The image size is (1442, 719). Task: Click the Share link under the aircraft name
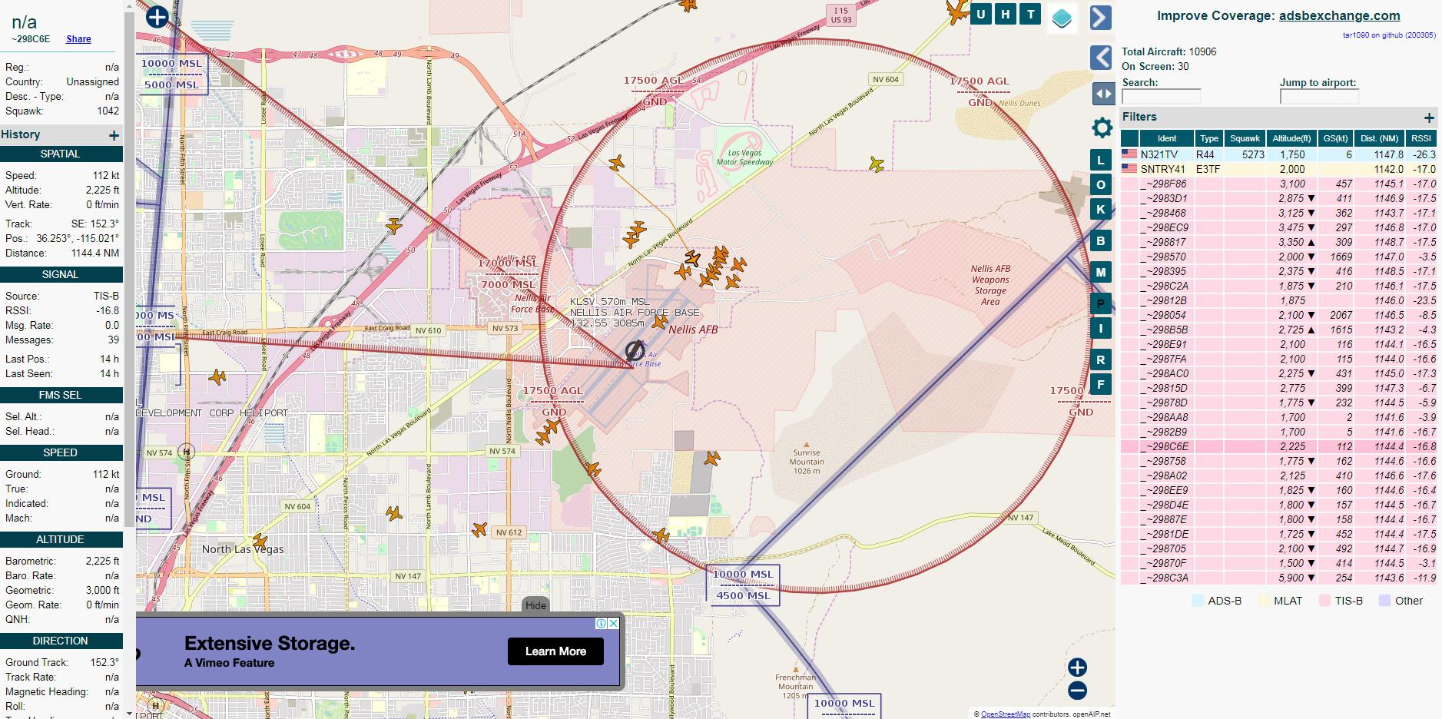[78, 39]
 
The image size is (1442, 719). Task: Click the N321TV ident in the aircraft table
[1159, 154]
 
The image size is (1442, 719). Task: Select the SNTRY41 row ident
[1162, 169]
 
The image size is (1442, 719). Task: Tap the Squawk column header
[1245, 138]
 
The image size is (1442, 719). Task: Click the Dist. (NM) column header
[1379, 138]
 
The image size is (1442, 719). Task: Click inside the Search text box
[1161, 97]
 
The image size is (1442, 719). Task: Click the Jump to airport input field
[1319, 97]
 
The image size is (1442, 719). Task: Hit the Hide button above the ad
[535, 605]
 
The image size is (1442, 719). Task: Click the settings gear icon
[1102, 128]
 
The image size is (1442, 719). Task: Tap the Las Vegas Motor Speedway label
[744, 157]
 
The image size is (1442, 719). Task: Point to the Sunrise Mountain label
[807, 462]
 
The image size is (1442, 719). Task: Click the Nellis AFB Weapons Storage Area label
[990, 285]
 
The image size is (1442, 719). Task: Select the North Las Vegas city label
[243, 549]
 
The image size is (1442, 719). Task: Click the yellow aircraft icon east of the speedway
[876, 164]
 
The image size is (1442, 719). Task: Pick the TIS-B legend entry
[1341, 601]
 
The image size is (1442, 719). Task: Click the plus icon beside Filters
[1428, 118]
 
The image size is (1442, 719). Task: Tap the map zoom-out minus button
[1077, 691]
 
